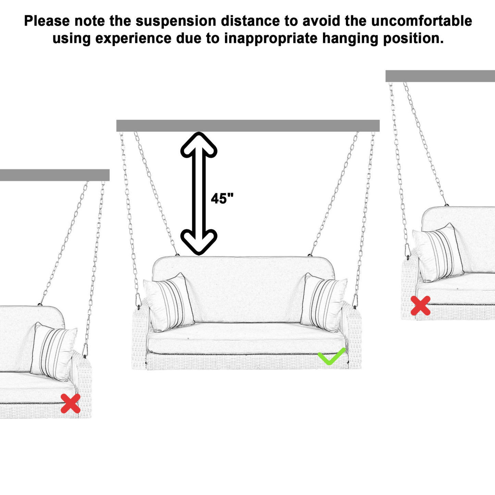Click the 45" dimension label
pyautogui.click(x=222, y=199)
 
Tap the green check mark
pyautogui.click(x=331, y=356)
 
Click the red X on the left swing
pyautogui.click(x=70, y=403)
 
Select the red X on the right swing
pyautogui.click(x=420, y=306)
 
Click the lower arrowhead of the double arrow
pyautogui.click(x=199, y=242)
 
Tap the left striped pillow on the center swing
pyautogui.click(x=169, y=302)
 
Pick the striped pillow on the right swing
pyautogui.click(x=438, y=253)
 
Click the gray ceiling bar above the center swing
pyautogui.click(x=248, y=126)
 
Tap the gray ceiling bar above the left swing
pyautogui.click(x=54, y=175)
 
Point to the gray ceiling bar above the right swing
pyautogui.click(x=440, y=76)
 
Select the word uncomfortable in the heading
pyautogui.click(x=421, y=21)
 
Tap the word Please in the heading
pyautogui.click(x=47, y=21)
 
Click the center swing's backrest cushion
pyautogui.click(x=243, y=288)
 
